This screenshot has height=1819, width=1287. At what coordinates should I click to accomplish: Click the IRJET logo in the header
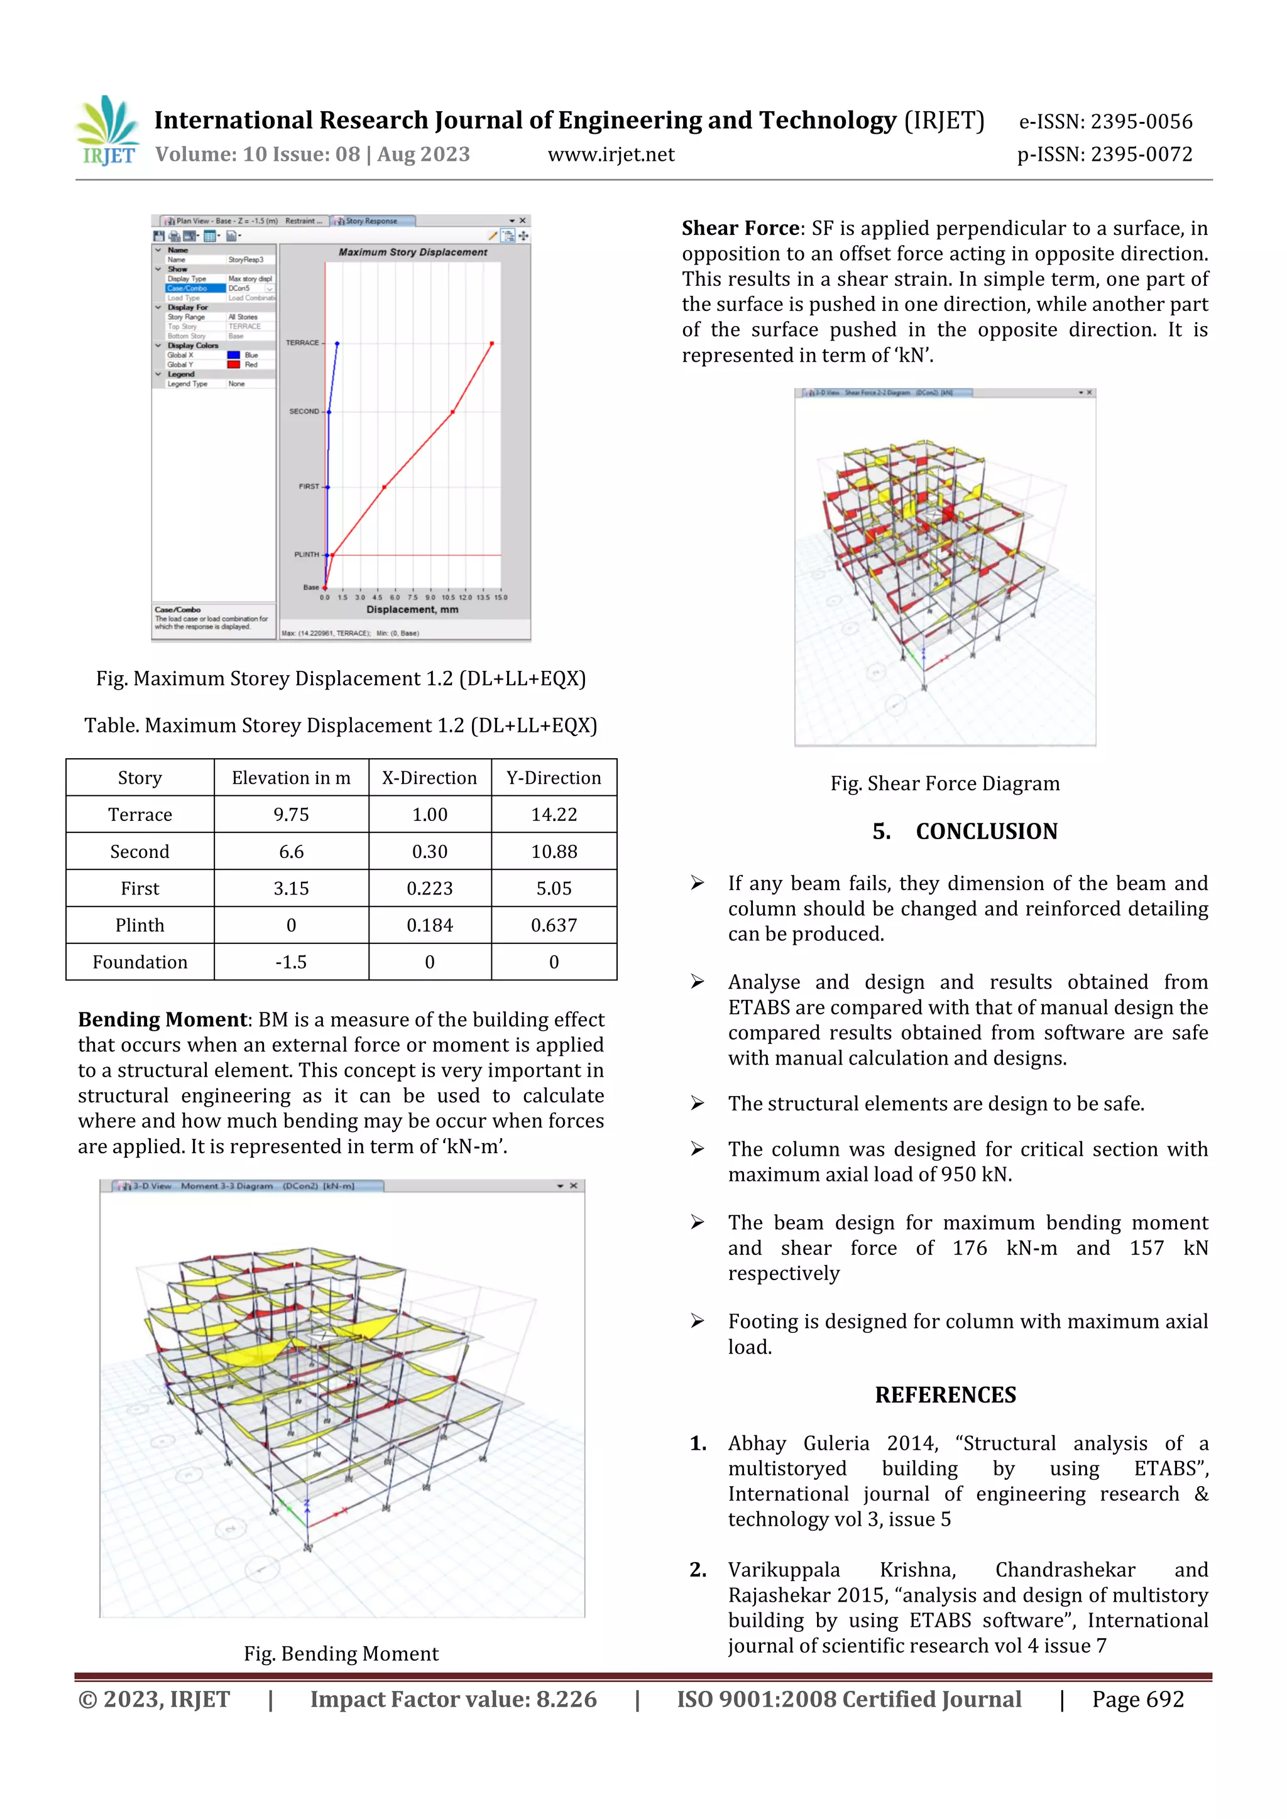coord(109,131)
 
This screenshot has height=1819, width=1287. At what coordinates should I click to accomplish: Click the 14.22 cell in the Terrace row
coord(553,815)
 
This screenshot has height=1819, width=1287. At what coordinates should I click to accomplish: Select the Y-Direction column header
coord(553,778)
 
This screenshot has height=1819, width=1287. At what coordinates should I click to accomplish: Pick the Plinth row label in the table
coord(140,925)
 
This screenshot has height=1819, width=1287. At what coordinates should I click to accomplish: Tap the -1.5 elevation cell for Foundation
coord(291,962)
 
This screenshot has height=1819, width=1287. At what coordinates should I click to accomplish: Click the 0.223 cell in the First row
coord(430,888)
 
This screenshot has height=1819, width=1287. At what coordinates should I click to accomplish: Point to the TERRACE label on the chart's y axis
coord(302,343)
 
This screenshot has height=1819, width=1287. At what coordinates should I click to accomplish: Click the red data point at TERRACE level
coord(492,344)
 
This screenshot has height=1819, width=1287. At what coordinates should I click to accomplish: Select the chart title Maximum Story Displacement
coord(413,252)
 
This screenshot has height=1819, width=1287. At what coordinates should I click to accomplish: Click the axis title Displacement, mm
coord(412,609)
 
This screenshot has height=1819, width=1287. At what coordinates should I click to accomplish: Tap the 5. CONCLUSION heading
coord(965,831)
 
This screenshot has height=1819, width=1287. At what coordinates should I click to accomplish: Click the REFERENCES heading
coord(945,1395)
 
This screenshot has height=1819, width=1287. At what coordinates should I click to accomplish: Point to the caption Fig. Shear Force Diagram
coord(945,783)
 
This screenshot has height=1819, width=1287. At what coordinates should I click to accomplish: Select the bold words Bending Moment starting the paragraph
coord(163,1019)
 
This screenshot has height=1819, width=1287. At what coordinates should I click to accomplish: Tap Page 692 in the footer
coord(1137,1700)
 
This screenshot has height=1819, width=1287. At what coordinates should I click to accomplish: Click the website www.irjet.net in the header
coord(611,155)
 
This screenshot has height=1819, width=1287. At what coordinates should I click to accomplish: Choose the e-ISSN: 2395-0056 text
coord(1105,122)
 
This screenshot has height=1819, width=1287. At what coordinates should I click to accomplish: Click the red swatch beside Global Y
coord(234,364)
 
